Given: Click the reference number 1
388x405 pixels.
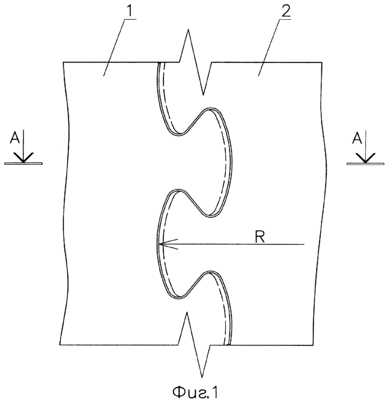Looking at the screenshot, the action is (x=131, y=11).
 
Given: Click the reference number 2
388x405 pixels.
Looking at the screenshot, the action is (x=286, y=10).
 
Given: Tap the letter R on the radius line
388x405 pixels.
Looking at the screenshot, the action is (x=259, y=237).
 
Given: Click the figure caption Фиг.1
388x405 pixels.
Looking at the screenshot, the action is (x=195, y=392).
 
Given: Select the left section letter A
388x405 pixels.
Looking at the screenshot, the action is (x=14, y=138).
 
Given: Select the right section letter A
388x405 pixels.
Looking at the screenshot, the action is (x=357, y=138).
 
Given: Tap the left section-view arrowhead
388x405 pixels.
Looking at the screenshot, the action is (x=23, y=157).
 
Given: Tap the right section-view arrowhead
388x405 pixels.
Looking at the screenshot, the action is (x=365, y=157).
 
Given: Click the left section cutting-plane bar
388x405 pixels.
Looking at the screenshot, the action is (x=23, y=163).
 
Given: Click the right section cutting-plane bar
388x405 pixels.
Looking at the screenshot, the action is (x=365, y=163).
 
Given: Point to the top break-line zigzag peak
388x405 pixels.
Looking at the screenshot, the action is (x=188, y=29).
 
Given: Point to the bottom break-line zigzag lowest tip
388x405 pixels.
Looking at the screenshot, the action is (x=202, y=377).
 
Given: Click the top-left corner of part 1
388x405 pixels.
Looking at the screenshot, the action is (x=63, y=62).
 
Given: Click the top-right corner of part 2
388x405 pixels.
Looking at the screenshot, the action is (x=322, y=62).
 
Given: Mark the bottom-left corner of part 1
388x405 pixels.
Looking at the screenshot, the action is (x=59, y=344).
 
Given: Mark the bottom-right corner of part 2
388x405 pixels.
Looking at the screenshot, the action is (x=313, y=345).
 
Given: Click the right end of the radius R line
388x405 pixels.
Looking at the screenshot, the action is (x=305, y=244).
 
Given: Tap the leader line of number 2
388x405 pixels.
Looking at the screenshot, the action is (x=274, y=47).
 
